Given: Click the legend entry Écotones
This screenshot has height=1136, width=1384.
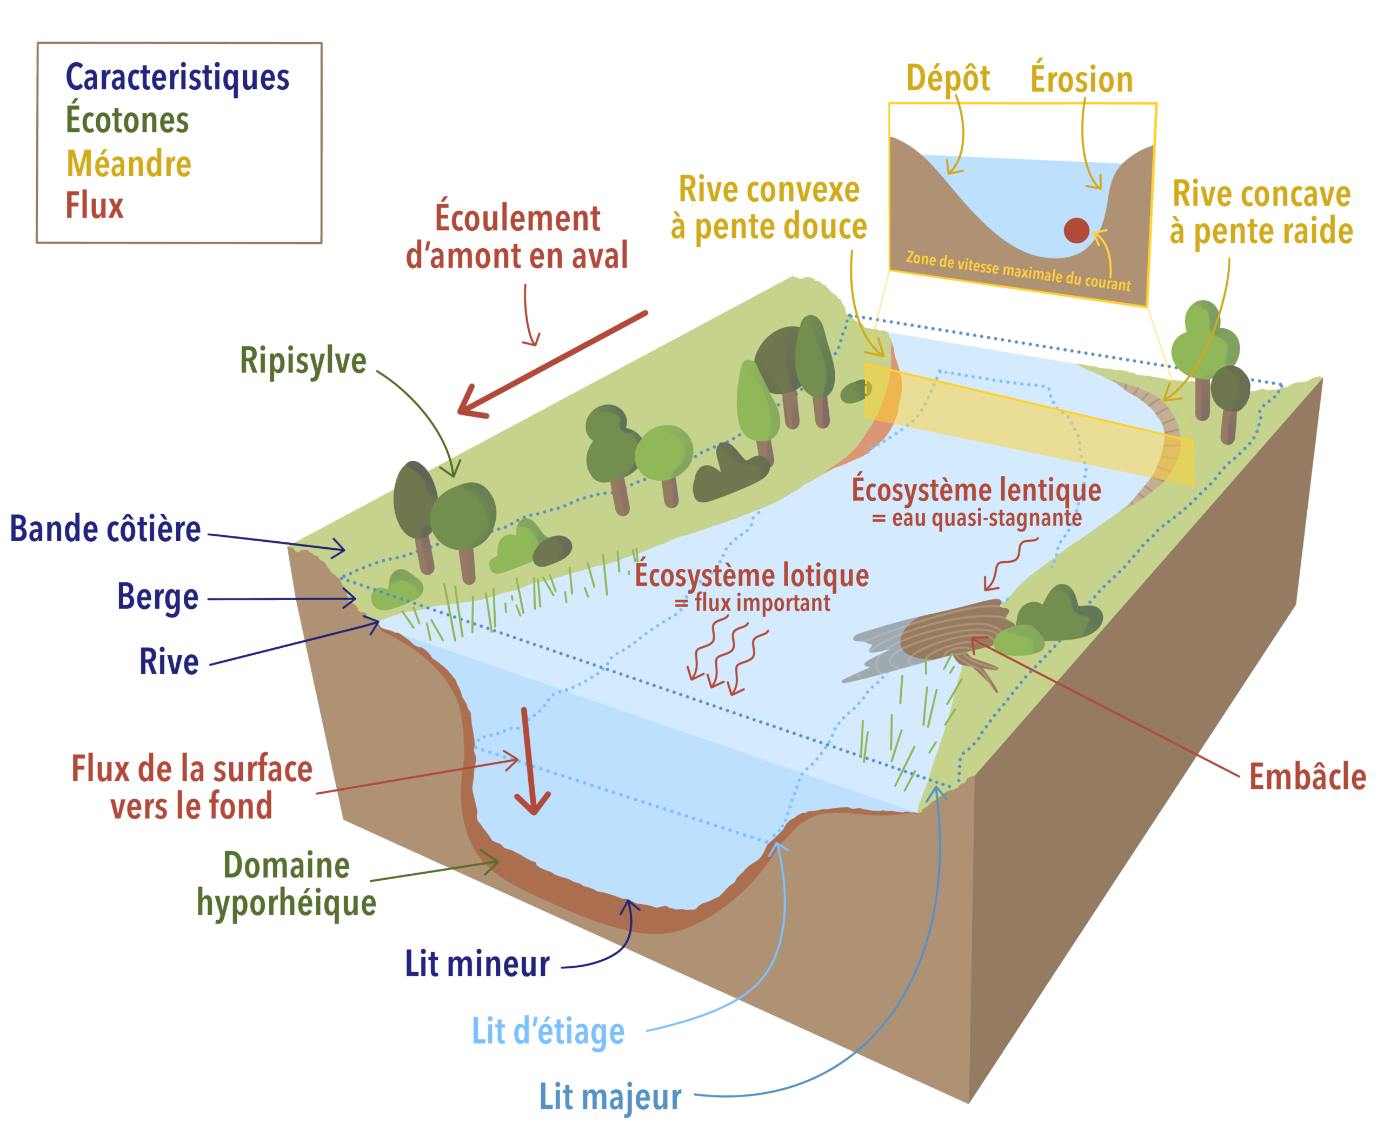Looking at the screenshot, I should click(x=127, y=121).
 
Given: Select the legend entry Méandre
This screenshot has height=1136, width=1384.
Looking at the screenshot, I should click(x=129, y=164).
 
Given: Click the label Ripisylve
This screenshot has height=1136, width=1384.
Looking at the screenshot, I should click(x=303, y=361).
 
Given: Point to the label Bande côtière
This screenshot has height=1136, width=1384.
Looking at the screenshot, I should click(x=105, y=529).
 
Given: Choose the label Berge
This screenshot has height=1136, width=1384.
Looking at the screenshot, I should click(x=158, y=597).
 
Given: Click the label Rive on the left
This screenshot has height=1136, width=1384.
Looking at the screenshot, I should click(x=169, y=662).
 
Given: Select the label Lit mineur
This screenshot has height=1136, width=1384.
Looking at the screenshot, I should click(x=477, y=964).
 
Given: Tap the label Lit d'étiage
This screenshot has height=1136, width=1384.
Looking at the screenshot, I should click(x=548, y=1032).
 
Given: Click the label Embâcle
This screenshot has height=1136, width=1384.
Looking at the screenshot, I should click(x=1307, y=777).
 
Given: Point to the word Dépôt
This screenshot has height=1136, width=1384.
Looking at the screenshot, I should click(x=948, y=79).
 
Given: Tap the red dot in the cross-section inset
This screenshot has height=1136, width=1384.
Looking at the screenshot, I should click(x=1076, y=230).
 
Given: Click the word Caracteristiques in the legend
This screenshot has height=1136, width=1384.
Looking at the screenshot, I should click(x=177, y=78).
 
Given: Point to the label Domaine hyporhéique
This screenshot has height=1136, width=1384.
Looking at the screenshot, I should click(x=287, y=884).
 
